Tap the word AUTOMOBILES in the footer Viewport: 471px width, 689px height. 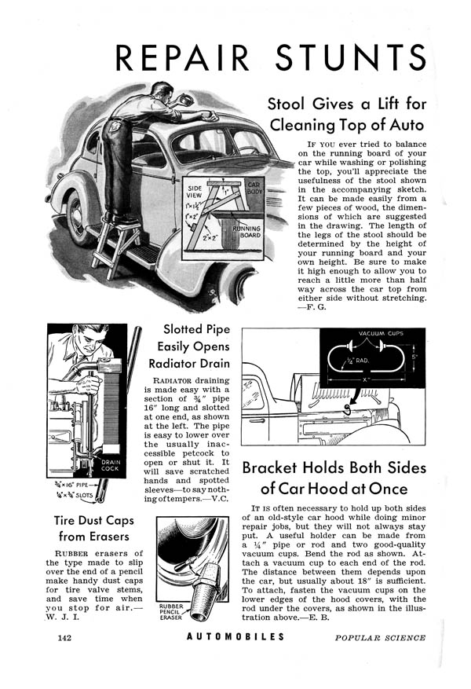235,637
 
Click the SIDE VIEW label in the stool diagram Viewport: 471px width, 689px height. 195,192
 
